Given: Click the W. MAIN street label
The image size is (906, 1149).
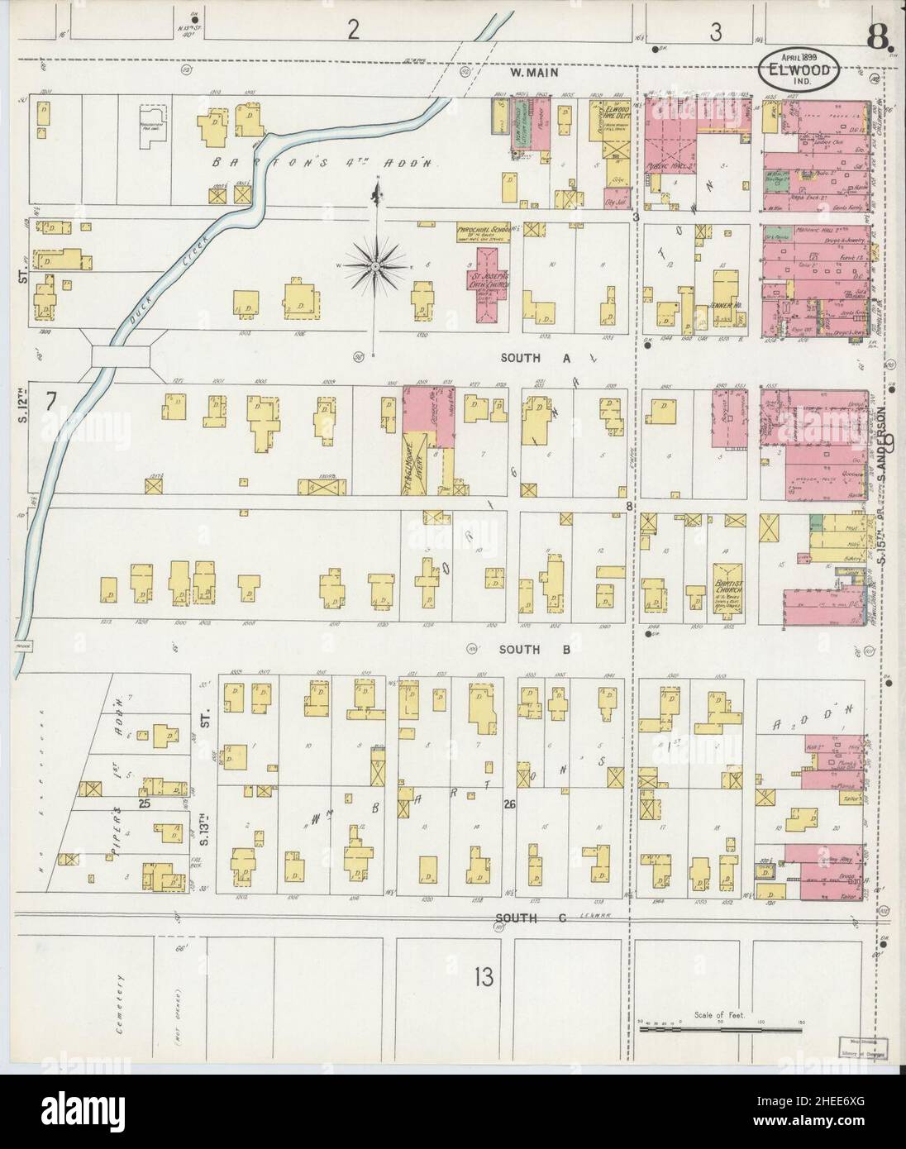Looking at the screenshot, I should [535, 73].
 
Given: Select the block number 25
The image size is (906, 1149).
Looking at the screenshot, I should [145, 803].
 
